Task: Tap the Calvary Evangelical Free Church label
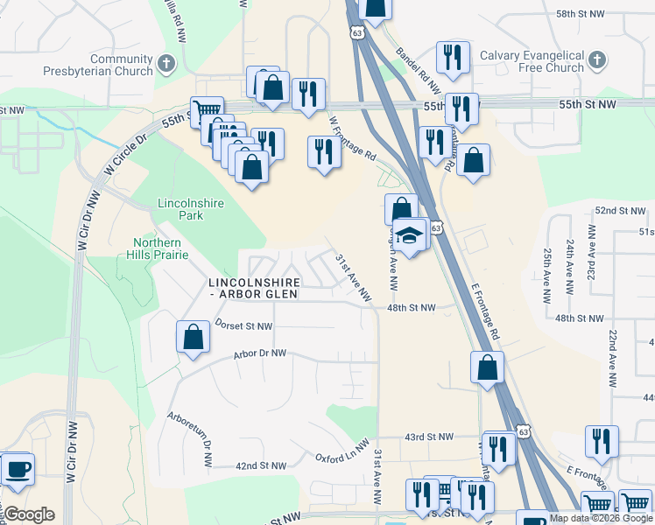click(532, 61)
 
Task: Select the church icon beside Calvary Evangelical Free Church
click(596, 60)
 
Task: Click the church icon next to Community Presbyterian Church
click(167, 64)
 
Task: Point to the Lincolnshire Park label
click(191, 209)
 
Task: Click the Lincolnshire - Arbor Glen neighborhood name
click(254, 289)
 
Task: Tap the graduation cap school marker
click(409, 234)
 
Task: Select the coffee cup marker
click(17, 468)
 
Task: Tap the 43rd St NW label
click(430, 436)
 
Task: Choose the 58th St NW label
click(581, 14)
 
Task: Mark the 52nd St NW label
click(619, 212)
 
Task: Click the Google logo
click(29, 514)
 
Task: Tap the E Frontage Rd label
click(484, 310)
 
